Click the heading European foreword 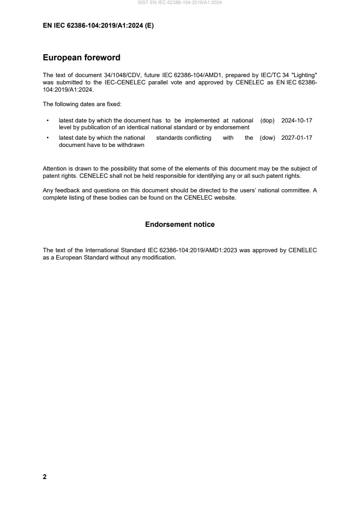pos(81,58)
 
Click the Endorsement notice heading pos(180,225)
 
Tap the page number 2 pos(44,477)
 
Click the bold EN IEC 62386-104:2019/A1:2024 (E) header pos(98,26)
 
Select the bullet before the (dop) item pos(48,121)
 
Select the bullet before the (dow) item pos(48,138)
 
